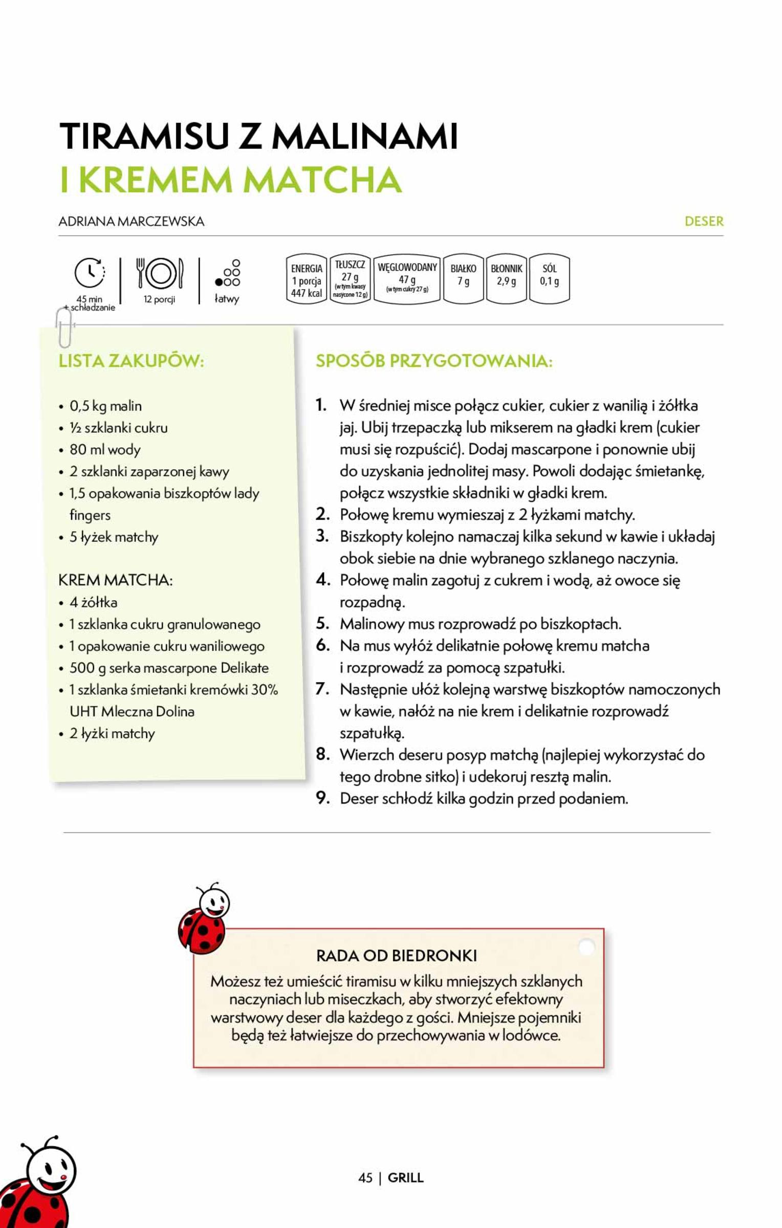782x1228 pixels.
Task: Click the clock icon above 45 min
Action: click(x=90, y=273)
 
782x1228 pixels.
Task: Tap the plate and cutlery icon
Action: click(x=160, y=273)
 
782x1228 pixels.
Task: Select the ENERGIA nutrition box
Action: click(x=307, y=279)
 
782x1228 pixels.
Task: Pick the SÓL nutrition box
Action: click(x=549, y=278)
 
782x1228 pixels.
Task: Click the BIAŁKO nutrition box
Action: click(x=463, y=278)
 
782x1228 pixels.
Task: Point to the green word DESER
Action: click(x=704, y=222)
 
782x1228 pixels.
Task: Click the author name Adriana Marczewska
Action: click(x=132, y=222)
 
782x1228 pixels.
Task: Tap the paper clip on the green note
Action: click(x=64, y=327)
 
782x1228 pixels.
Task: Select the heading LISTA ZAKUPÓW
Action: click(x=132, y=361)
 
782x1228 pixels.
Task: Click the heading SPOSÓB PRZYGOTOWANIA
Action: click(x=434, y=361)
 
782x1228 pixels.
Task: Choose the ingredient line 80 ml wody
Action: click(x=105, y=450)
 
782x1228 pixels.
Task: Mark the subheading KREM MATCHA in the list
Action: click(x=116, y=580)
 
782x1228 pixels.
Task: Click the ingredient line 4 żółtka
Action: click(x=94, y=602)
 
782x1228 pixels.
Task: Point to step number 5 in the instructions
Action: click(x=322, y=623)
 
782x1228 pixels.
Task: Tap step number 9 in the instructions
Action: click(x=322, y=798)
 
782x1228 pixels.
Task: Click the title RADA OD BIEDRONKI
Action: click(x=397, y=955)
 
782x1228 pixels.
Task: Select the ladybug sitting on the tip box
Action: click(x=203, y=919)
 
